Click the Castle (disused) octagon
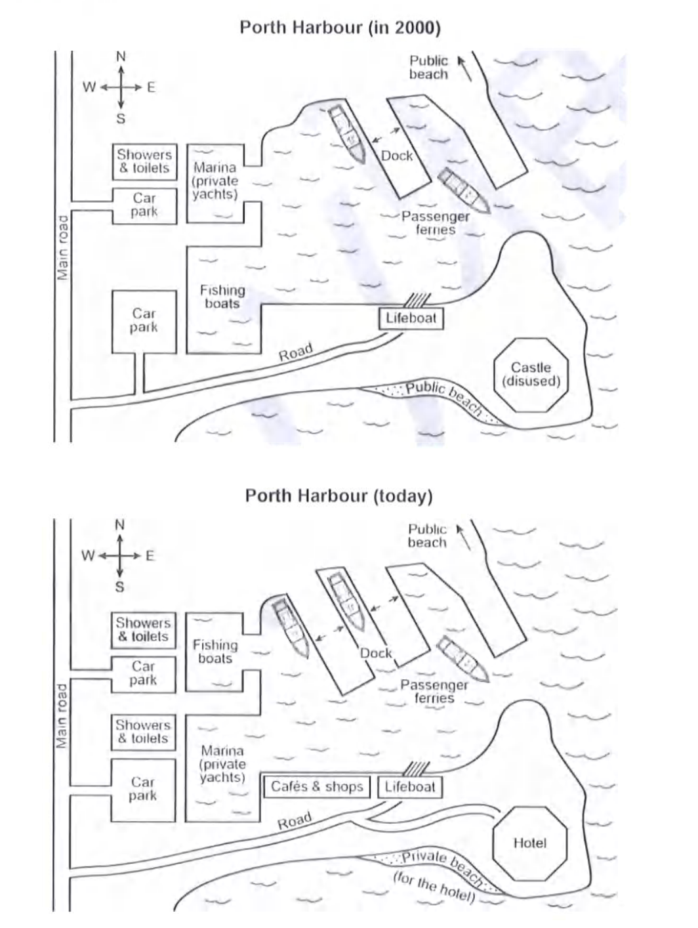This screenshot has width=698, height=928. pos(531,375)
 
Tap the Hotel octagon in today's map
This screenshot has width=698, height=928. pos(529,843)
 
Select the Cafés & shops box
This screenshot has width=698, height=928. pos(317,787)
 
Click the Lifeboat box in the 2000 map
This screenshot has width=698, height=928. pos(411,319)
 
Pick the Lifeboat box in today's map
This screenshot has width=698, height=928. pos(410,787)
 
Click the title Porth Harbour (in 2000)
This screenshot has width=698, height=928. pos(340,28)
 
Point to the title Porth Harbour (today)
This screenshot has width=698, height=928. pos(339,496)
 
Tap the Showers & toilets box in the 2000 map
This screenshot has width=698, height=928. pos(144,161)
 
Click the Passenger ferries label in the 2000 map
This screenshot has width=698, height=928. pos(436,223)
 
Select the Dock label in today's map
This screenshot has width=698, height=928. pos(376,653)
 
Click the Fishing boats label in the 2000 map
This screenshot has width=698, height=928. pos(222,297)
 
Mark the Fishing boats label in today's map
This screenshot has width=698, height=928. pos(215,652)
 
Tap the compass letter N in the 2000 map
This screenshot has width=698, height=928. pos(121,57)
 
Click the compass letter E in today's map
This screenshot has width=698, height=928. pos(150,556)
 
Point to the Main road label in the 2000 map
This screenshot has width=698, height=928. pos(62,247)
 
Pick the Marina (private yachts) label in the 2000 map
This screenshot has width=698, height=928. pos(215,180)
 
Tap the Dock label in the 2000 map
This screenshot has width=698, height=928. pos(397,156)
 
